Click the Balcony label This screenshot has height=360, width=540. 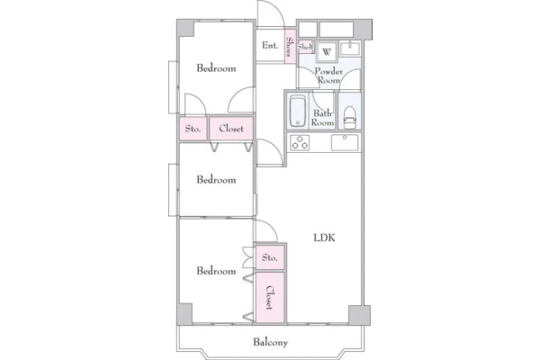(270, 342)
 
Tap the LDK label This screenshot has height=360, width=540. (324, 238)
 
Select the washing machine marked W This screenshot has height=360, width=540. (326, 51)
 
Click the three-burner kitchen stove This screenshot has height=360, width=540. (300, 143)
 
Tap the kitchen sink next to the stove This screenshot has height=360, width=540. (345, 142)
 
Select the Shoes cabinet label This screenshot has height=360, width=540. (290, 47)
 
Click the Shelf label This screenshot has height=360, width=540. (305, 47)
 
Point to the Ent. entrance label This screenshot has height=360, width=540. (270, 45)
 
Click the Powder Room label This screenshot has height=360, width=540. (328, 76)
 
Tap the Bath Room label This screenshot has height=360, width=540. (323, 118)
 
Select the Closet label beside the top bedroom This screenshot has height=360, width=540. (231, 129)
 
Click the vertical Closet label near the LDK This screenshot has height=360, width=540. (270, 298)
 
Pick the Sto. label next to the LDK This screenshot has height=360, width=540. (270, 257)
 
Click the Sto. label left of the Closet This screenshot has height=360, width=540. (193, 129)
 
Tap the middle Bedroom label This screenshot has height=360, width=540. (216, 179)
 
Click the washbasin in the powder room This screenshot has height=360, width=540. (349, 48)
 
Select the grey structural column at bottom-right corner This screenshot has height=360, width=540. (359, 315)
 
